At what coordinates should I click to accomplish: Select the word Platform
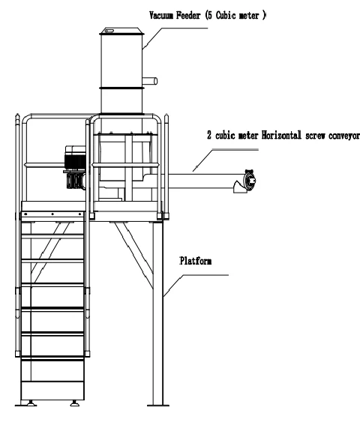pyautogui.click(x=196, y=261)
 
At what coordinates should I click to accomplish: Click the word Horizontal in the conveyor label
pyautogui.click(x=282, y=135)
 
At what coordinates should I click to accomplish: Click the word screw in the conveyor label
pyautogui.click(x=315, y=136)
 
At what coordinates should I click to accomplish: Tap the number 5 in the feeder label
pyautogui.click(x=210, y=15)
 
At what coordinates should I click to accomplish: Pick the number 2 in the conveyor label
pyautogui.click(x=209, y=135)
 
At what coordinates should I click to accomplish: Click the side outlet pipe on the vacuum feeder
pyautogui.click(x=150, y=81)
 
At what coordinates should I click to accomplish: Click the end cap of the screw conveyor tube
pyautogui.click(x=250, y=180)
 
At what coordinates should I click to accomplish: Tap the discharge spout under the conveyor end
pyautogui.click(x=239, y=187)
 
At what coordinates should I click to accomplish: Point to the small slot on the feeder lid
pyautogui.click(x=109, y=31)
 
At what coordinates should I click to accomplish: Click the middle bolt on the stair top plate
pyautogui.click(x=52, y=214)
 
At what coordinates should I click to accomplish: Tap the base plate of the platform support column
pyautogui.click(x=158, y=406)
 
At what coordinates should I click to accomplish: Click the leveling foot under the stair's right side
pyautogui.click(x=75, y=403)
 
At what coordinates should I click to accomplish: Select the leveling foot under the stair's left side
pyautogui.click(x=31, y=403)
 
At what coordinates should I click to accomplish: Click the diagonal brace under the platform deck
pyautogui.click(x=134, y=255)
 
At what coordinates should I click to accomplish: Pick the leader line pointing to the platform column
pyautogui.click(x=196, y=286)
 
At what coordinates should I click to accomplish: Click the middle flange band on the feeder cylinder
pyautogui.click(x=121, y=88)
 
